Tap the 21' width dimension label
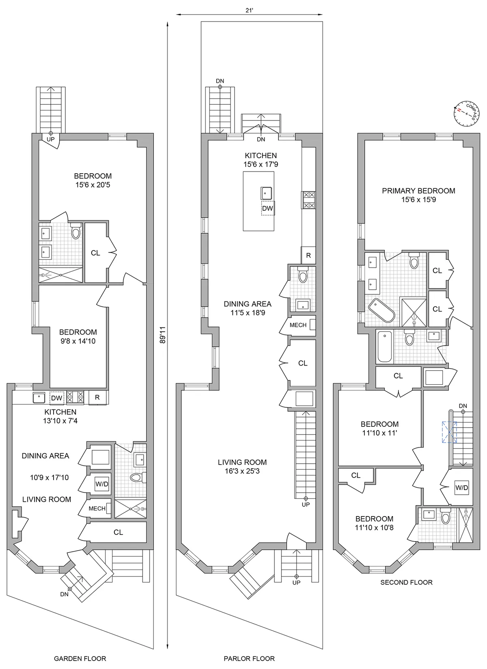pyautogui.click(x=249, y=11)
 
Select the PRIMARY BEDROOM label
pyautogui.click(x=418, y=191)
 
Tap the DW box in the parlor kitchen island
pyautogui.click(x=267, y=208)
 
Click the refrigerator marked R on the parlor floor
pyautogui.click(x=308, y=256)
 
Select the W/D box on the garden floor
pyautogui.click(x=101, y=484)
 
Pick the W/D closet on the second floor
pyautogui.click(x=462, y=488)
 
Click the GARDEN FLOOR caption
pyautogui.click(x=80, y=658)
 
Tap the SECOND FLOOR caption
pyautogui.click(x=406, y=582)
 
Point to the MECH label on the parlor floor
pyautogui.click(x=298, y=325)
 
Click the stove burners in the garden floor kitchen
pyautogui.click(x=75, y=397)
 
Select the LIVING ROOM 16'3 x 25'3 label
pyautogui.click(x=242, y=467)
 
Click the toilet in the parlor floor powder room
pyautogui.click(x=303, y=275)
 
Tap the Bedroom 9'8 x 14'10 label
pyautogui.click(x=78, y=337)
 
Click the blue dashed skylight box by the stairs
pyautogui.click(x=449, y=432)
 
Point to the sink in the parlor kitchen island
pyautogui.click(x=266, y=193)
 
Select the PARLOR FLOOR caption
pyautogui.click(x=249, y=658)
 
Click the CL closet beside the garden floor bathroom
pyautogui.click(x=95, y=253)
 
